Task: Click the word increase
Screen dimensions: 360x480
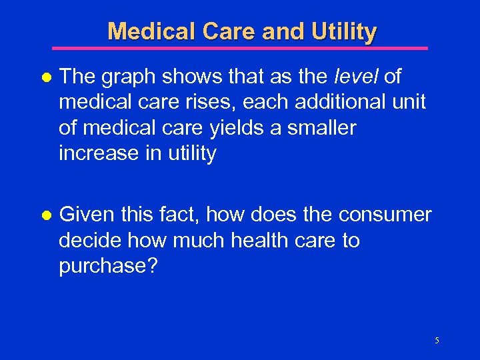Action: [x=97, y=153]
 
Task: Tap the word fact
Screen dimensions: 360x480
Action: [x=181, y=215]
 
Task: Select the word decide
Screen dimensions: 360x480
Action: [x=90, y=240]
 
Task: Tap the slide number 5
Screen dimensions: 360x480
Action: [x=437, y=341]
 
